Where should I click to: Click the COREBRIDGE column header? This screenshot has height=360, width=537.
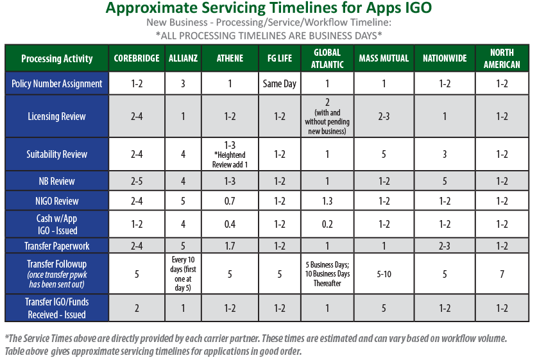[x=137, y=58]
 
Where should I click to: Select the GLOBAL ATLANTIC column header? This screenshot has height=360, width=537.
[x=327, y=58]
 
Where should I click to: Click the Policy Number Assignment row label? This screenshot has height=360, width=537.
[x=57, y=83]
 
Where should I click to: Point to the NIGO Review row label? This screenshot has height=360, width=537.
[x=57, y=201]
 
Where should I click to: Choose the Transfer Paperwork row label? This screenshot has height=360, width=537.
[x=57, y=245]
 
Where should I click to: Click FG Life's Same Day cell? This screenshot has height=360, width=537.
[x=280, y=83]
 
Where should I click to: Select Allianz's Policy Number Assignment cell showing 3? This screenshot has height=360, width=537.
[x=183, y=83]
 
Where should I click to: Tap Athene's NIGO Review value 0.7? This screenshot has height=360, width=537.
[x=230, y=201]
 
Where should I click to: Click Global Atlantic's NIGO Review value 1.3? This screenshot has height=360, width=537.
[x=327, y=201]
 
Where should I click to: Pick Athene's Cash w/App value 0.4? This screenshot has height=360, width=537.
[x=230, y=224]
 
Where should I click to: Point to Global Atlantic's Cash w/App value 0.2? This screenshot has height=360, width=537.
[x=327, y=224]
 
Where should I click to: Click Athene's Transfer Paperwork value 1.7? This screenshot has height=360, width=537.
[x=230, y=245]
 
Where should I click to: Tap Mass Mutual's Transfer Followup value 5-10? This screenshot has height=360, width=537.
[x=384, y=273]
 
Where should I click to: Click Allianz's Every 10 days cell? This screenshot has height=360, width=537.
[x=183, y=273]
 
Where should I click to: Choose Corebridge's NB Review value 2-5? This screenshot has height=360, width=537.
[x=137, y=181]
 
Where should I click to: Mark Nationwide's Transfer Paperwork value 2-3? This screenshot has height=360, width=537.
[x=445, y=245]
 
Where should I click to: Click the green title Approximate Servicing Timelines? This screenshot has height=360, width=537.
[x=268, y=9]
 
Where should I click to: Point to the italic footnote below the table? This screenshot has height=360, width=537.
[x=257, y=345]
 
